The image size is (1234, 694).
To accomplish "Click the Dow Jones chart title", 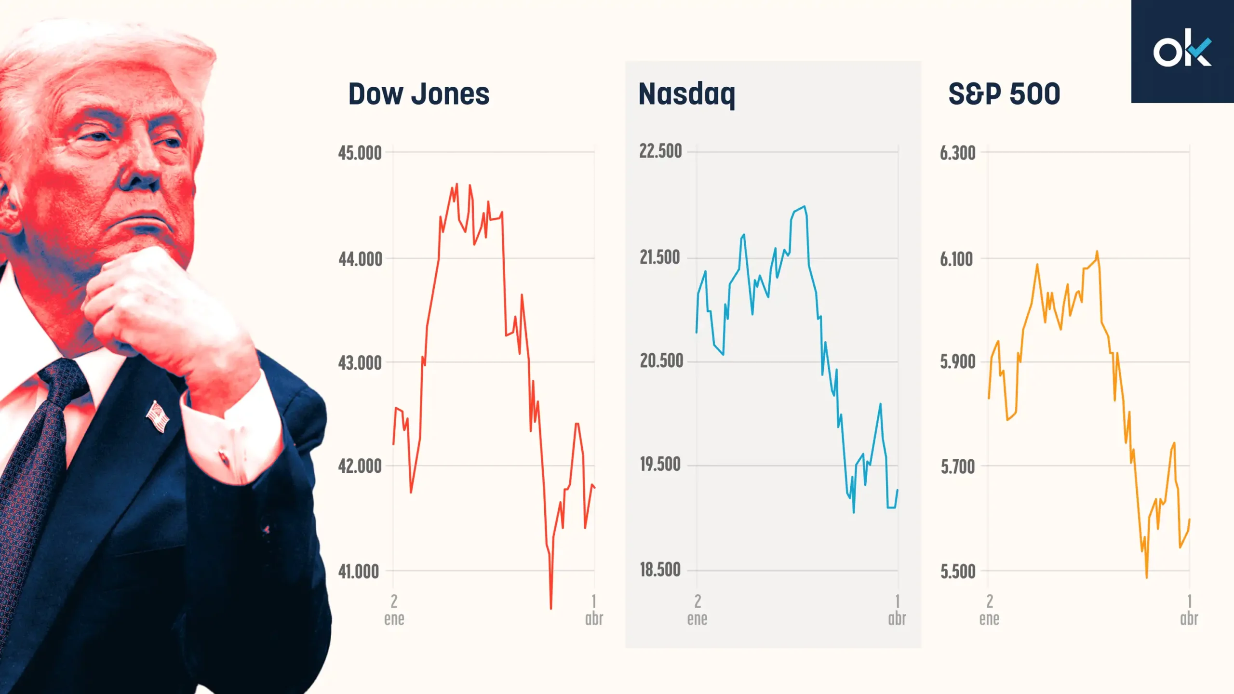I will coord(418,94).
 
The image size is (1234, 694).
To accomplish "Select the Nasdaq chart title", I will coord(686,94).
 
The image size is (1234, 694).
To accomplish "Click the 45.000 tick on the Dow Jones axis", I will coord(360,153).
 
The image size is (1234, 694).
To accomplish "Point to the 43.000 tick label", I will coord(360,363).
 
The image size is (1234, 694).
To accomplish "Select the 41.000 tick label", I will coord(359,572).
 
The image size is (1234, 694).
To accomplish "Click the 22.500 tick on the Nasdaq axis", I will coord(660,151).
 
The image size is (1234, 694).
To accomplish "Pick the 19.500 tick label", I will coord(660,465).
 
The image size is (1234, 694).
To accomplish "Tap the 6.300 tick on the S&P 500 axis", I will coord(957,153).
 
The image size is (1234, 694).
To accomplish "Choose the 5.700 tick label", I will coord(957,467).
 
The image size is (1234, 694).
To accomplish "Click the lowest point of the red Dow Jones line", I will coord(551,608).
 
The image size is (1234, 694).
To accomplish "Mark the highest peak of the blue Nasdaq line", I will coord(804,207).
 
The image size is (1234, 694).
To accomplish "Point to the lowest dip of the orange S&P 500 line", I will coord(1146,577).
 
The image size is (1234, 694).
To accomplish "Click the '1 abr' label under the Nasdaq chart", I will coord(897,610).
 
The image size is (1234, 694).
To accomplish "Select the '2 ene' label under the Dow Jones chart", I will coord(394,610).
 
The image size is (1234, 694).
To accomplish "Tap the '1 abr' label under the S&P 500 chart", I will coord(1189,610).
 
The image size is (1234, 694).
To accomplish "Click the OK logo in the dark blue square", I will coord(1182,50).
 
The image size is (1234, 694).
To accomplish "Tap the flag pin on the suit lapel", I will coord(158,416).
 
